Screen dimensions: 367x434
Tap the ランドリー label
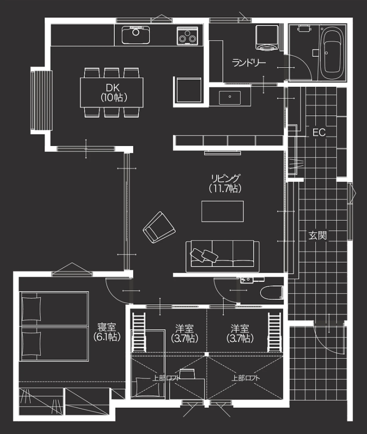tap(249, 63)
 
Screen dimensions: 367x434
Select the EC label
tap(319, 132)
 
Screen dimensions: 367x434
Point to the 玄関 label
tap(318, 235)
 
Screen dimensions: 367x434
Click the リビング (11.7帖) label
tap(225, 184)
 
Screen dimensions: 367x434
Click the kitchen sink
tap(136, 35)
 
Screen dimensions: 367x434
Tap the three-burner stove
tap(188, 36)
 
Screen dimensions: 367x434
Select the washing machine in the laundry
tap(267, 38)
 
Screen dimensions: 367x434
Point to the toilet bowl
tap(272, 292)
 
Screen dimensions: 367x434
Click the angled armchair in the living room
tap(159, 227)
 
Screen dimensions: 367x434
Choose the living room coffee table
tap(223, 211)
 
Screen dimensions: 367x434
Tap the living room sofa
tap(222, 256)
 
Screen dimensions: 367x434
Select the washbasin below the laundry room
tap(230, 97)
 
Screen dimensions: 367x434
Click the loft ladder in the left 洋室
tap(139, 332)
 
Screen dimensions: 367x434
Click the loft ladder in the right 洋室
tap(274, 332)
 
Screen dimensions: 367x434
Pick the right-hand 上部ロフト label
tap(246, 378)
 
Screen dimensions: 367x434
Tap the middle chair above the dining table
tap(112, 73)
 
